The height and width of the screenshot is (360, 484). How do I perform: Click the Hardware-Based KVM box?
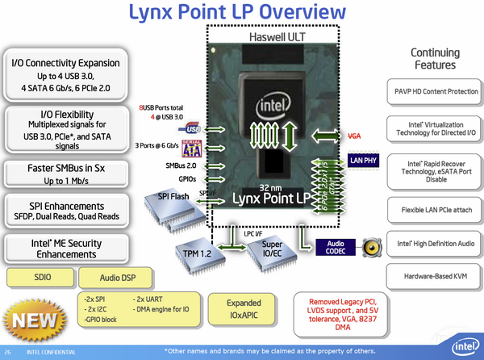[x=436, y=277]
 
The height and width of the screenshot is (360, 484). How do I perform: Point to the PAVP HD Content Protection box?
[x=436, y=91]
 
